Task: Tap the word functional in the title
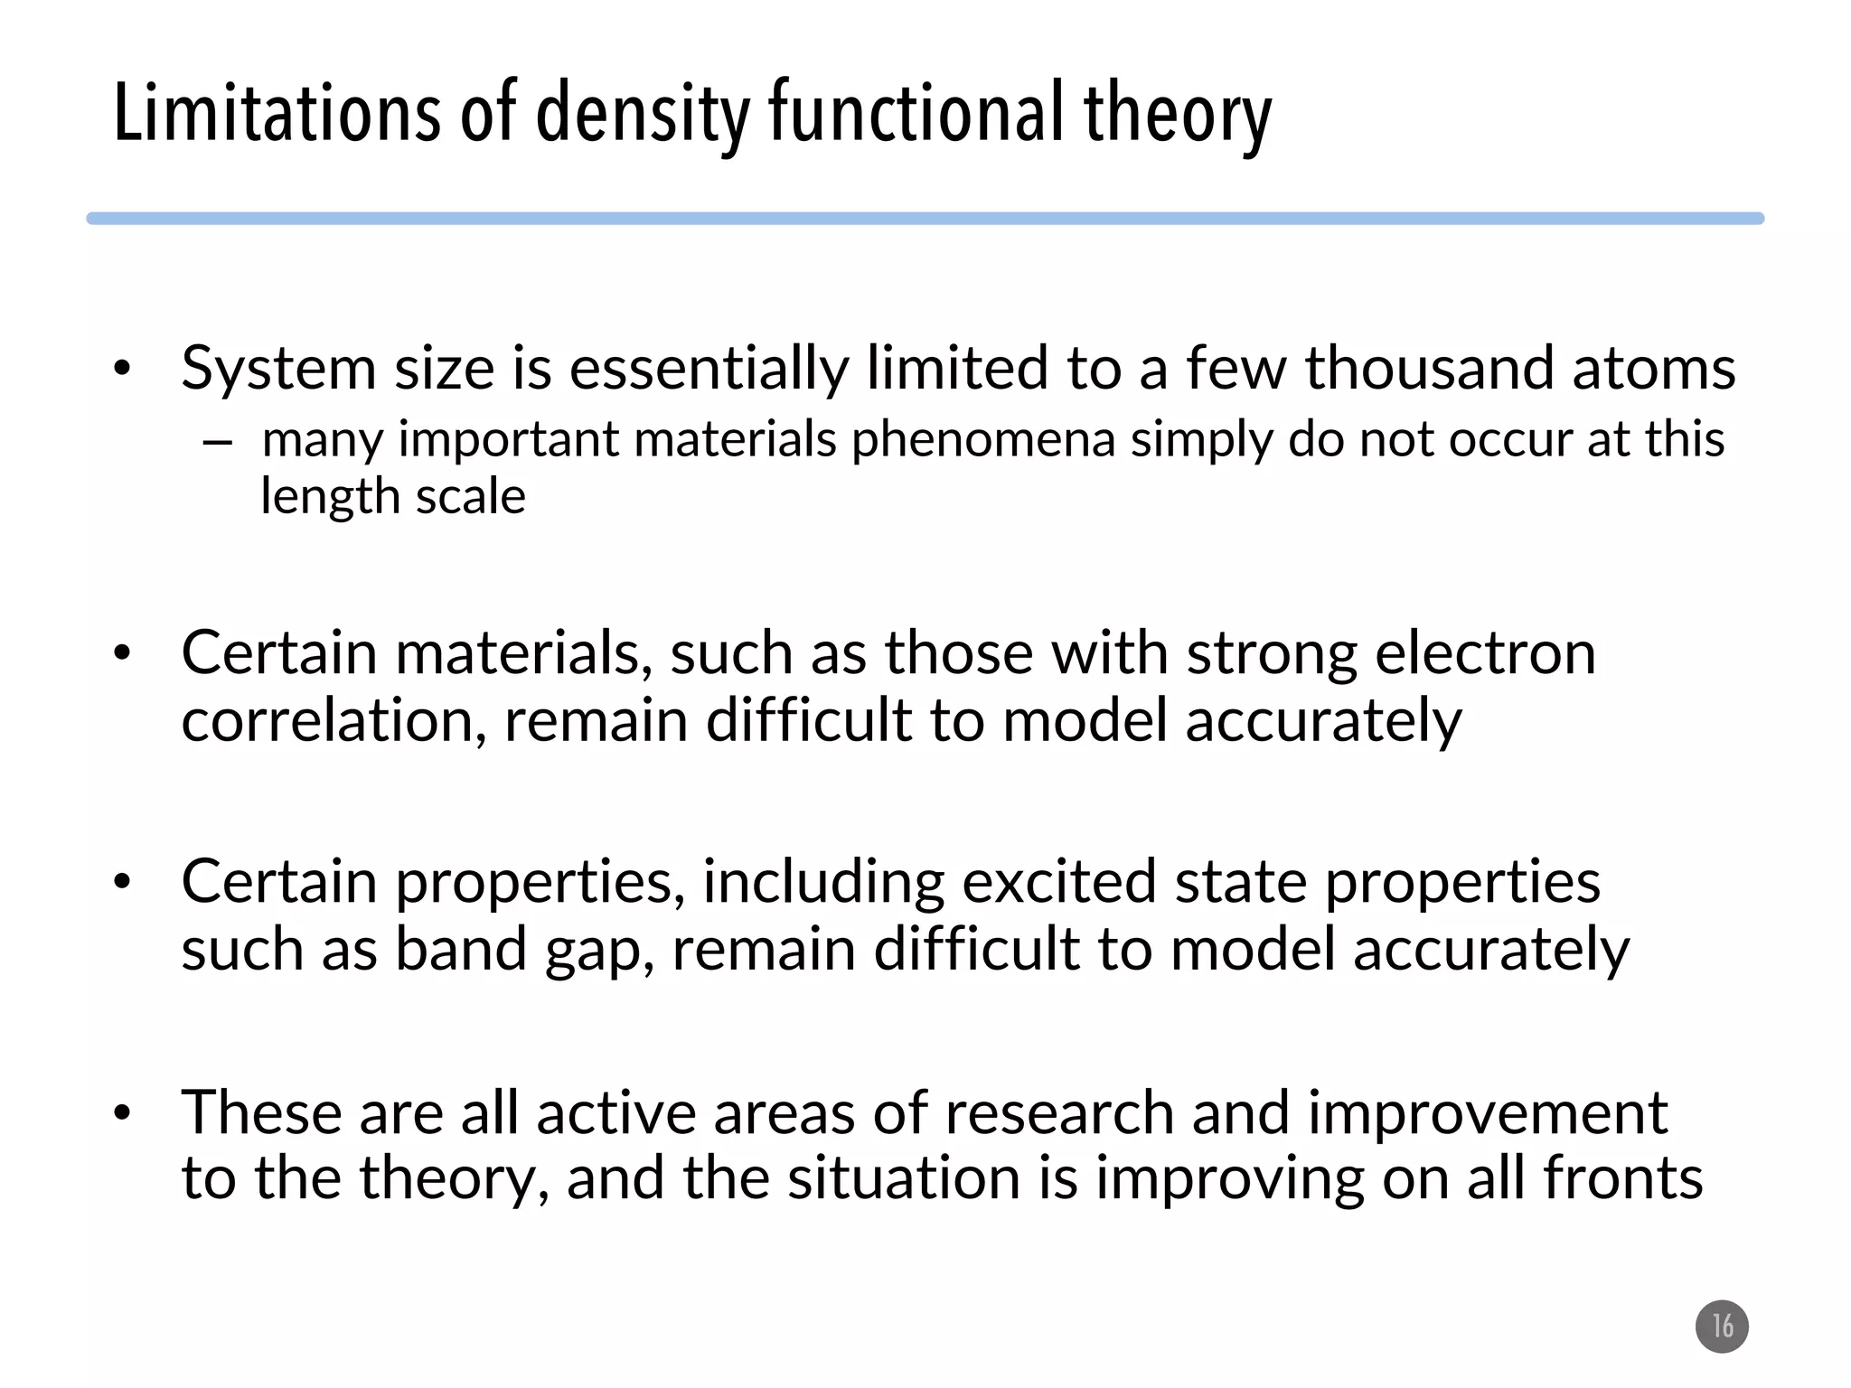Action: coord(916,112)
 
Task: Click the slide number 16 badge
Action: coord(1722,1327)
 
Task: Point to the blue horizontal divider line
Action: coord(925,219)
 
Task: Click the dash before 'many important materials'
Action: coord(218,443)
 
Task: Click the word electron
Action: coord(1485,652)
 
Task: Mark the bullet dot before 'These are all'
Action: coord(122,1114)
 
